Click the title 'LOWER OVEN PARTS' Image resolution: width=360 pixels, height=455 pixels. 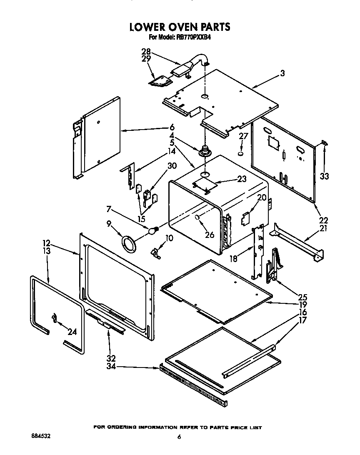180,27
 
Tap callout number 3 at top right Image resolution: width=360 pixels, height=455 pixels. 282,74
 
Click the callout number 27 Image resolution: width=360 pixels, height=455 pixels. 243,136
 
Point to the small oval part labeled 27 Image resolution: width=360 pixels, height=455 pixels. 241,154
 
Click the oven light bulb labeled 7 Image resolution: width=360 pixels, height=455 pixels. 154,229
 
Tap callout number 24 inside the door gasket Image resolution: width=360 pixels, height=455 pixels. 72,332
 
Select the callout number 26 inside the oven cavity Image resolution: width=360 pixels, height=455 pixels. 210,235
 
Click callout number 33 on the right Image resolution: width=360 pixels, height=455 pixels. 325,176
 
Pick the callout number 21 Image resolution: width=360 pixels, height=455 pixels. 323,228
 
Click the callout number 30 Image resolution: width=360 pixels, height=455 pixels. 172,166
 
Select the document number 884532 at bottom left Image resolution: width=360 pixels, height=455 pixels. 41,436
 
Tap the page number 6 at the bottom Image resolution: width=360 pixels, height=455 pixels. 179,437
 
